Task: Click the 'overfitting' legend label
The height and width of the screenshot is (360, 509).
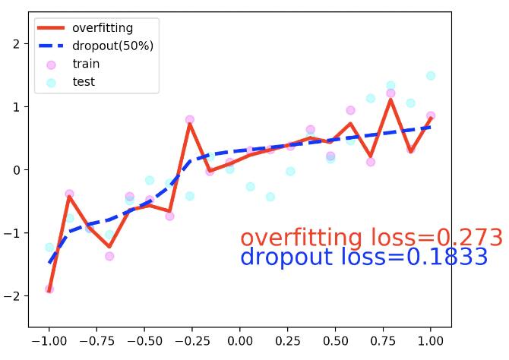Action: coord(102,28)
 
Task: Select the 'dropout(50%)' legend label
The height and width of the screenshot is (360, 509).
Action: coord(112,46)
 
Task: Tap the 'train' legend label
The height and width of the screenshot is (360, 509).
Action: coord(86,64)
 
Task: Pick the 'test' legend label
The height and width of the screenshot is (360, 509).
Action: coord(84,81)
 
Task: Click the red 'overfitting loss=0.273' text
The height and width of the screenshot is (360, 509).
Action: coord(371,238)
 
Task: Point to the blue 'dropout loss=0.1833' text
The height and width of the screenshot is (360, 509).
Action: coord(363,257)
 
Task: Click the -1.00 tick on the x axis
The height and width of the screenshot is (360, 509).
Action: coord(49,340)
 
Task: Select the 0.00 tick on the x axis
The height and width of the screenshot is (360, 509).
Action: coord(240,340)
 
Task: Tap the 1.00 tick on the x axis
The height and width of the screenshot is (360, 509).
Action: coord(431,340)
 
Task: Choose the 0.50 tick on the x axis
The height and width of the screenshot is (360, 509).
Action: coord(336,340)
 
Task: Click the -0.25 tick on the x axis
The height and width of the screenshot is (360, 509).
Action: coord(192,340)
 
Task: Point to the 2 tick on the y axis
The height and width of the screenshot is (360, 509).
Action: coord(17,44)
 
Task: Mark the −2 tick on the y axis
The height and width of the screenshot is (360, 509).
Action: coord(14,295)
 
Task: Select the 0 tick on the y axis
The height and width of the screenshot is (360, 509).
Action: coord(17,169)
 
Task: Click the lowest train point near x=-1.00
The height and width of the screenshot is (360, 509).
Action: coord(49,289)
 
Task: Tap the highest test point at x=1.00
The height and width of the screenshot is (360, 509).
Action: coord(431,76)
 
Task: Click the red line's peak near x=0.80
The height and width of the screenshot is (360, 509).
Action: coord(390,99)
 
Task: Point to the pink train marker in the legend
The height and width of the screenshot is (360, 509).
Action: coord(51,65)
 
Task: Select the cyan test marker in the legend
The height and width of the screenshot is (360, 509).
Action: coord(51,82)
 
